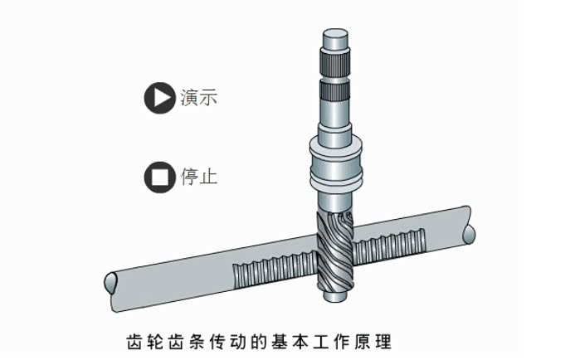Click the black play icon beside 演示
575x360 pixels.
tap(158, 98)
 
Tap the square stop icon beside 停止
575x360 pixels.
tap(158, 177)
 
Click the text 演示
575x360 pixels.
tap(198, 98)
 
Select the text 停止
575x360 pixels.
tap(198, 177)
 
